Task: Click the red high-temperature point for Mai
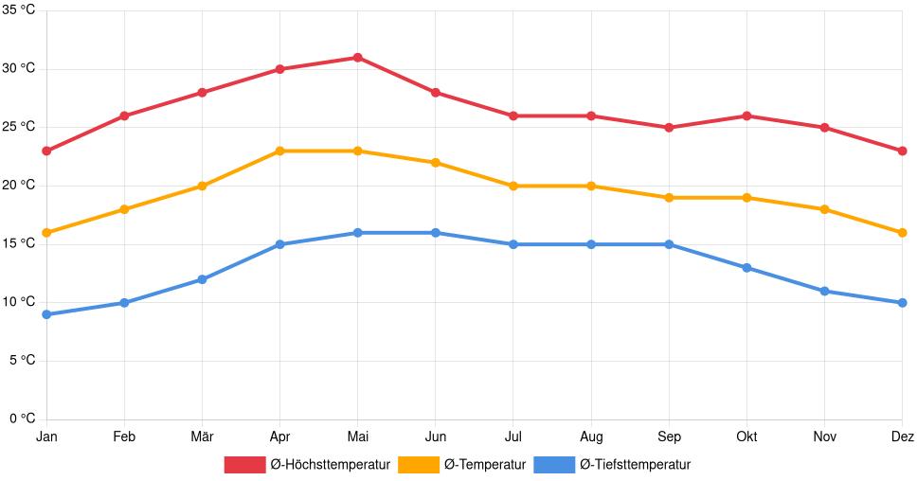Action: coord(357,58)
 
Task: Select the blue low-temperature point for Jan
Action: coord(46,314)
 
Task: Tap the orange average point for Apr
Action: coord(279,151)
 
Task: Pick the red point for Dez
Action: coord(902,151)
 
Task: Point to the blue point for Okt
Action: coord(746,268)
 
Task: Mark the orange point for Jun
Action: coord(435,163)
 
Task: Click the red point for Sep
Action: coord(669,128)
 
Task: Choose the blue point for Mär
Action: coord(202,279)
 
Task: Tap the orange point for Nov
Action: coord(824,209)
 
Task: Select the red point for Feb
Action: coord(124,116)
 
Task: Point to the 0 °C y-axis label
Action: coord(22,419)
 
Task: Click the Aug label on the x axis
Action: coord(590,436)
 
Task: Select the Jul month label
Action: coord(512,436)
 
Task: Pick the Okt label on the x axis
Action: coord(746,436)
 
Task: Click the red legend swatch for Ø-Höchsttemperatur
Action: coord(244,464)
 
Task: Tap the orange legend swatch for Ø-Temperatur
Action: coord(418,464)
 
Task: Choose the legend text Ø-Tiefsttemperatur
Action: coord(635,464)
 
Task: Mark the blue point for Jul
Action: coord(512,244)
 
